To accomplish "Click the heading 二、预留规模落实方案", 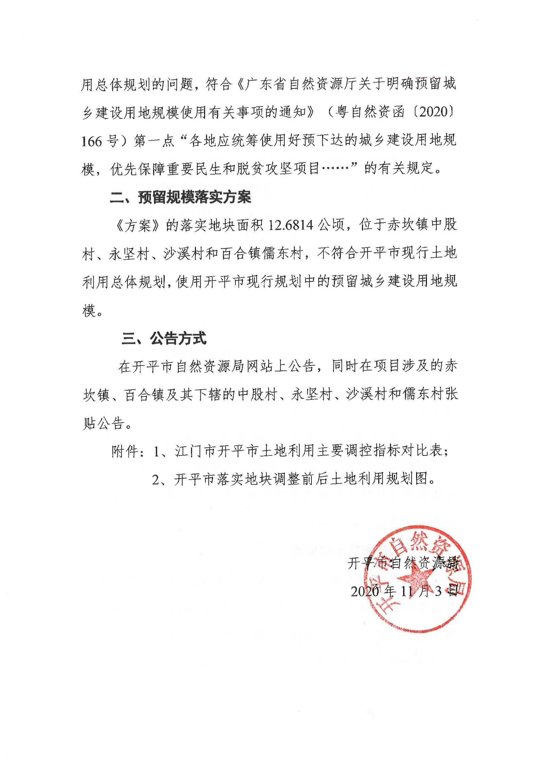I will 180,198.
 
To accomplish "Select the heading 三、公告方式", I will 164,338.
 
